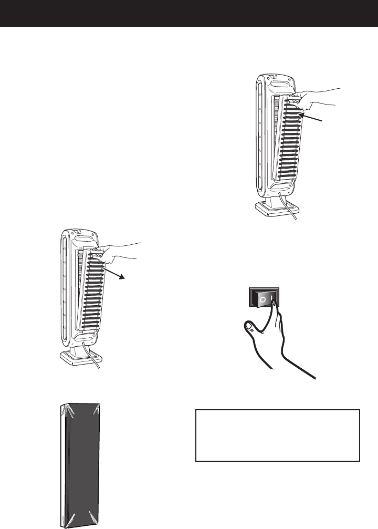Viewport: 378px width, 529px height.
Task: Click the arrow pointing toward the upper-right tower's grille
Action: click(x=315, y=118)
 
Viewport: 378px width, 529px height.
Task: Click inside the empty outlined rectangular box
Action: click(x=277, y=435)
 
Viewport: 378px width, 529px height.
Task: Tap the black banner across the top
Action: click(x=189, y=13)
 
